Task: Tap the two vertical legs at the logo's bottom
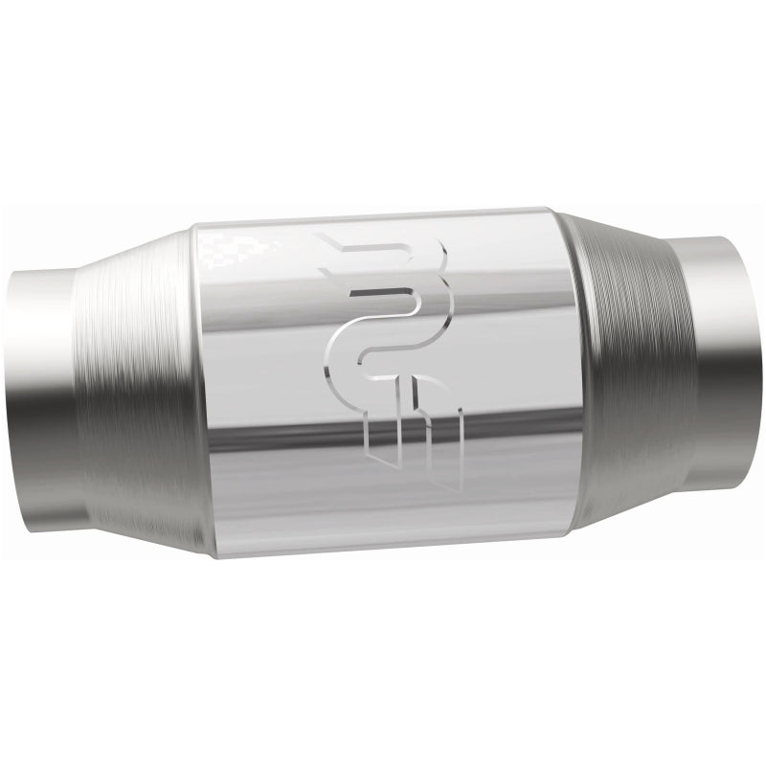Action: tap(421, 436)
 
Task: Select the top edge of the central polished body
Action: tap(383, 213)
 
